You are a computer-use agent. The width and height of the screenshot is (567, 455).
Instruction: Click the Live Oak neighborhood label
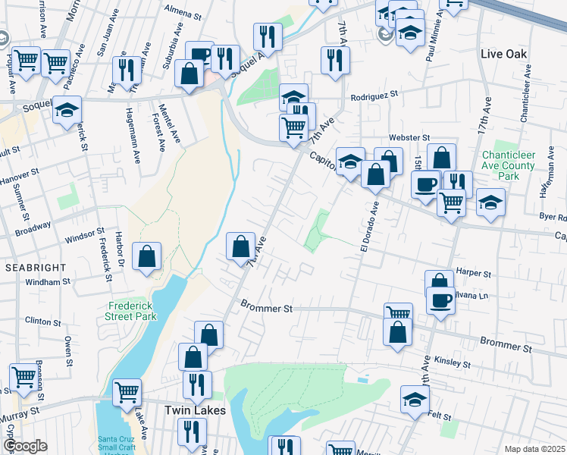pos(504,54)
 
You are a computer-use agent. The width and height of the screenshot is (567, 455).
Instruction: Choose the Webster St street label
pos(409,137)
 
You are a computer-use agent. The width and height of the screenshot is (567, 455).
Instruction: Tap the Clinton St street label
pos(42,321)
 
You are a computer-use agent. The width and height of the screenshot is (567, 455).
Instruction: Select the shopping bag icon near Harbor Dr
pos(147,256)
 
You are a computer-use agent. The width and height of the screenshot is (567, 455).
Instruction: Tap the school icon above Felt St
pos(415,398)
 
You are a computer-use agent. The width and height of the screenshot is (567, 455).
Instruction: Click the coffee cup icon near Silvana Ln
pos(439,300)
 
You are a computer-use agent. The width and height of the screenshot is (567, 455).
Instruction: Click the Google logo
pos(25,446)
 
